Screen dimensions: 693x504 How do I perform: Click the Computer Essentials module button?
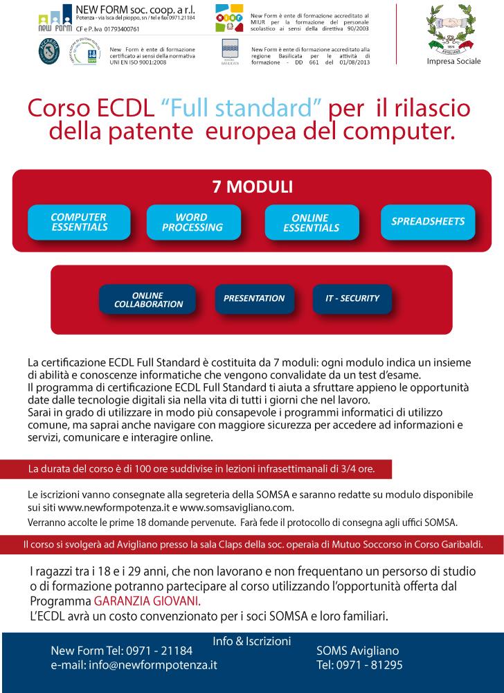tap(79, 222)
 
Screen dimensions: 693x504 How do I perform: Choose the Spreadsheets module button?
tap(428, 222)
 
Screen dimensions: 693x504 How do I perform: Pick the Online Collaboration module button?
tap(148, 299)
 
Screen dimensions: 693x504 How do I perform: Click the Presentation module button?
tap(254, 299)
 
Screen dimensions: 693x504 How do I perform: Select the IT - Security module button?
tap(352, 299)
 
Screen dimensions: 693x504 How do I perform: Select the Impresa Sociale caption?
tap(453, 62)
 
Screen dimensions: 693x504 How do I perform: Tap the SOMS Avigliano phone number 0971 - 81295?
tap(376, 665)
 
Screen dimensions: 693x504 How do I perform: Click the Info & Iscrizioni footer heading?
tap(252, 641)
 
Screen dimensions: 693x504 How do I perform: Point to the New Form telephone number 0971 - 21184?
tap(159, 651)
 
